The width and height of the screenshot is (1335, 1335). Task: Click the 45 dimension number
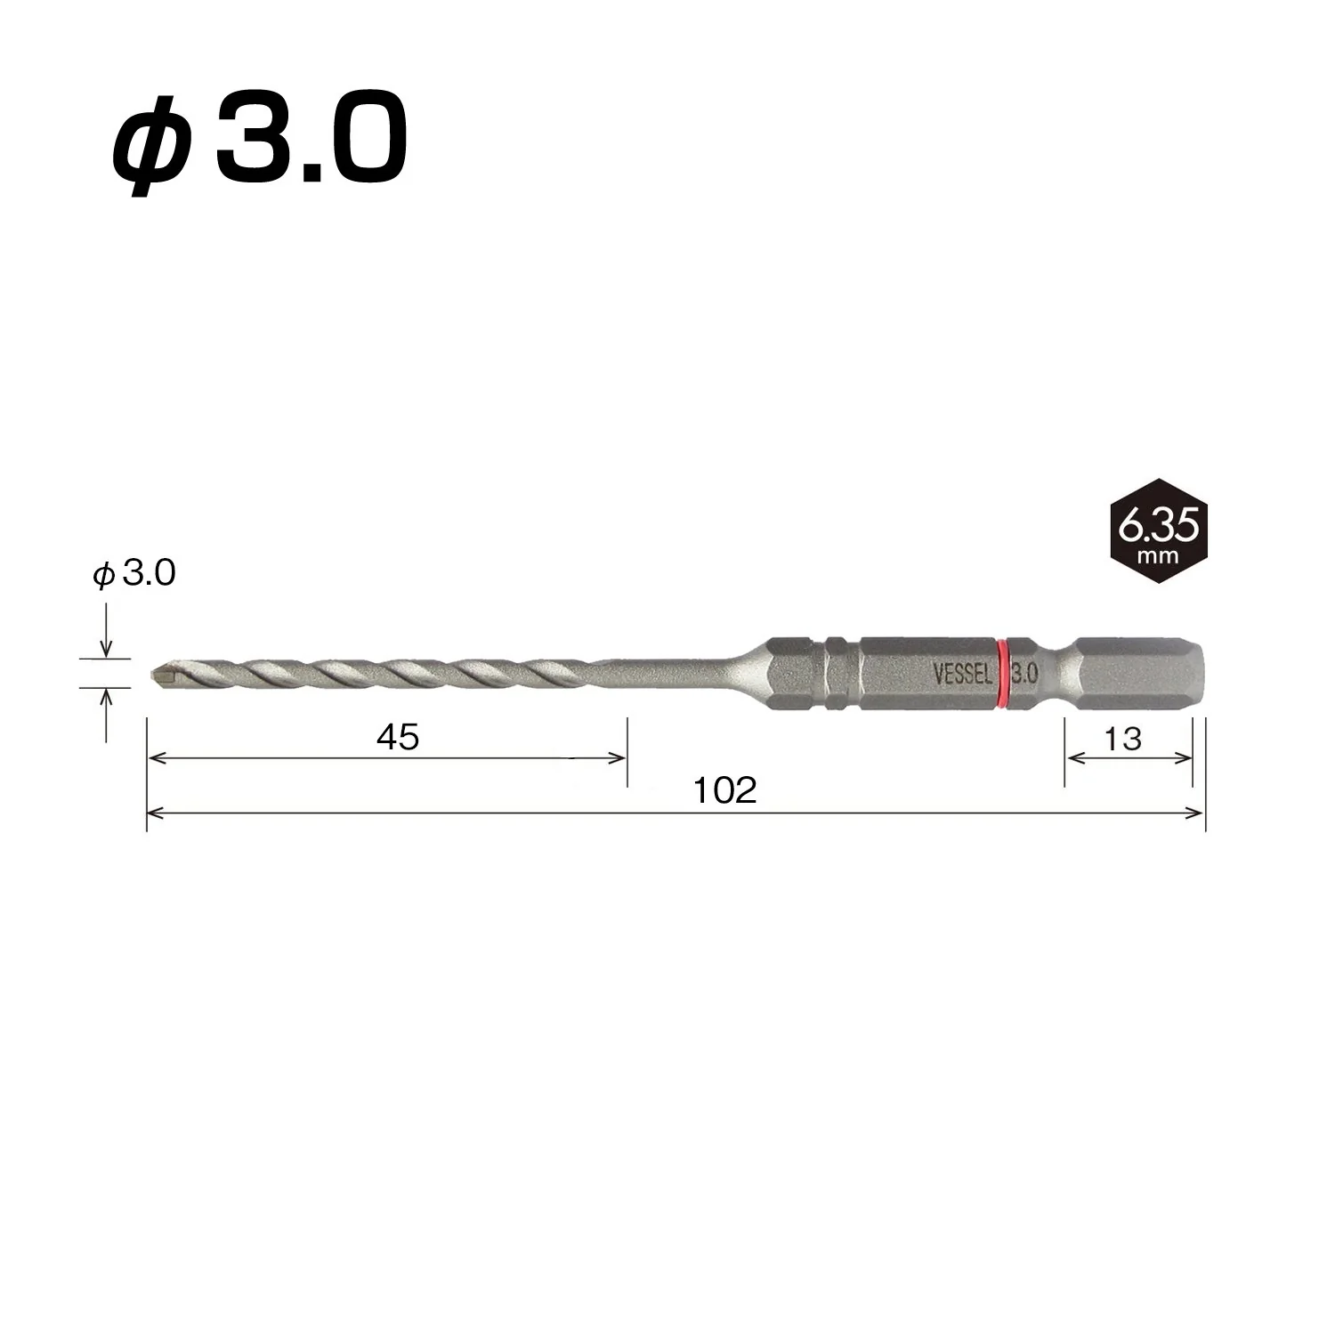[x=398, y=737]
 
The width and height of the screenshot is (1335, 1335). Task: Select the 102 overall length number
[x=725, y=790]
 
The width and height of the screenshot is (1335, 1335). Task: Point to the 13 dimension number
[x=1123, y=738]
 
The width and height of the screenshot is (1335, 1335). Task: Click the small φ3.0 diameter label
[x=134, y=574]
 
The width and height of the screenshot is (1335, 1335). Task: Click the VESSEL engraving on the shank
[x=962, y=674]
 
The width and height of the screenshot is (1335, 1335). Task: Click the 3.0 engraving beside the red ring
[x=1024, y=674]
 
